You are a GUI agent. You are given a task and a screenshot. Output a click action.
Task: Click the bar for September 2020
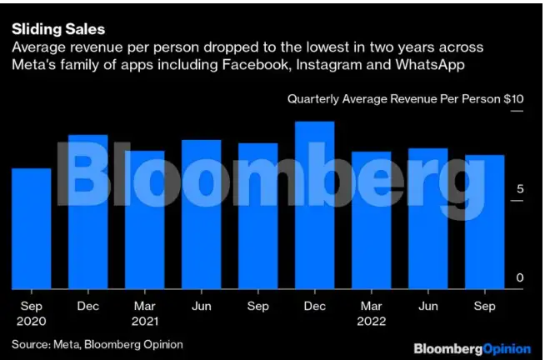point(31,228)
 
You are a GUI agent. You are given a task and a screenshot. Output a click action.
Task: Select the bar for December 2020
point(87,212)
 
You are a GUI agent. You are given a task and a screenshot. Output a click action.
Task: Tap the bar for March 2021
point(144,220)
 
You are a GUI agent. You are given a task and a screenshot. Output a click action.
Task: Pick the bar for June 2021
point(201,214)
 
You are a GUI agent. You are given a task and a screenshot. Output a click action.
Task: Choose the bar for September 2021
point(257,216)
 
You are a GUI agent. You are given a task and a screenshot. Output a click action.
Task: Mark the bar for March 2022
point(371,220)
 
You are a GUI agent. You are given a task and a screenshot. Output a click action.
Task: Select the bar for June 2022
point(427,218)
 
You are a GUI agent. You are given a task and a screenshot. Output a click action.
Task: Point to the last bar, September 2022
point(484,222)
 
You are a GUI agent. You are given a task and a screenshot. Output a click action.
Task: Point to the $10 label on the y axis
point(514,99)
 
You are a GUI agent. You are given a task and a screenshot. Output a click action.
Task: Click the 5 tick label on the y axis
point(519,189)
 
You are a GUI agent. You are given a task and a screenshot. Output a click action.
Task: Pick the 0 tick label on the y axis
point(519,277)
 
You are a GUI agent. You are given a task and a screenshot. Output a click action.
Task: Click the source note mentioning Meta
point(97,343)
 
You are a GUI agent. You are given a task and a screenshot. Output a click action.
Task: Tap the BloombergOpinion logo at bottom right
point(472,346)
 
